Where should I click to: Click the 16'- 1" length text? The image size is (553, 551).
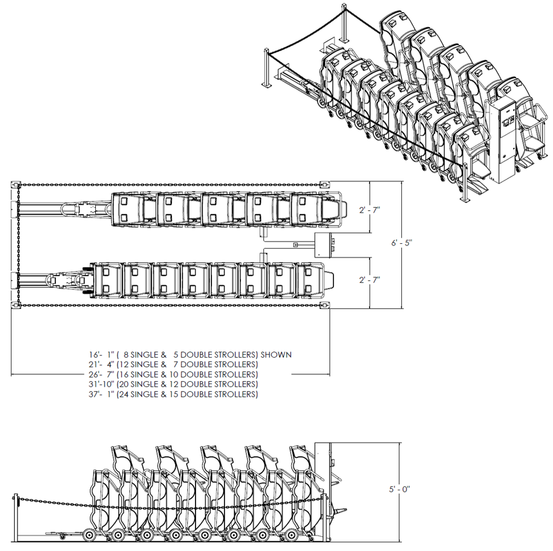click(x=102, y=354)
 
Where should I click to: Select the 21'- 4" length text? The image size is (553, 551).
click(x=102, y=364)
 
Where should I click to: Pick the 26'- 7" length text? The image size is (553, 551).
click(x=102, y=374)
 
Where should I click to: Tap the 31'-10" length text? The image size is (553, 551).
click(x=102, y=384)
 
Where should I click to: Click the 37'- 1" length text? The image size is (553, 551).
click(x=102, y=394)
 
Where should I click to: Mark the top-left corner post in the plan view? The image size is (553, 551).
click(x=15, y=184)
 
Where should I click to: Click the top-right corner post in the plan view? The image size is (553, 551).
click(x=326, y=184)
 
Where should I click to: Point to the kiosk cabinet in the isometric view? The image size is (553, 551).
click(x=503, y=140)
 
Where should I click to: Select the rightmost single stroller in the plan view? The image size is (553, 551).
click(x=309, y=279)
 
